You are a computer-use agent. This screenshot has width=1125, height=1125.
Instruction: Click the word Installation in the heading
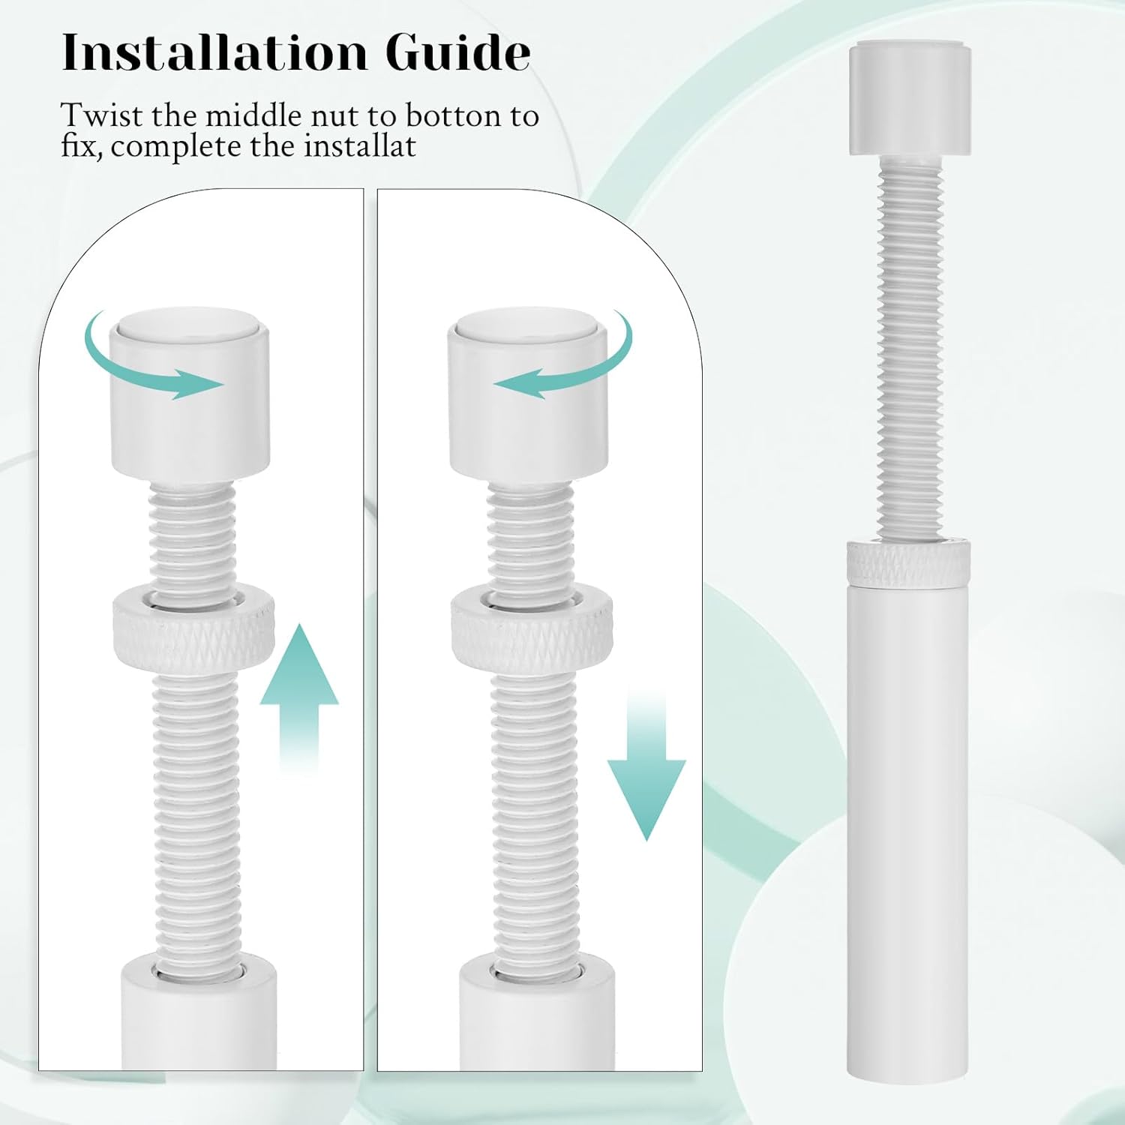214,52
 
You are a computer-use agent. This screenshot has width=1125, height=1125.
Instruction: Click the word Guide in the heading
457,52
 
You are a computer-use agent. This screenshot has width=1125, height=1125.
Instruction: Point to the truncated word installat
359,145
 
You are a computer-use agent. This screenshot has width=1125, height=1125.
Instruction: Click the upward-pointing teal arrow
299,697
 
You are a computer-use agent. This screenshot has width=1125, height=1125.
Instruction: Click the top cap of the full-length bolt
910,99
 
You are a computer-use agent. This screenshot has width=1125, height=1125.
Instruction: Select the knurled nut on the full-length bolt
909,562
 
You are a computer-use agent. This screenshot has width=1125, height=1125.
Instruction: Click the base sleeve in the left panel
199,1012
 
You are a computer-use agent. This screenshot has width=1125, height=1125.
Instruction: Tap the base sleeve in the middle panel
537,1012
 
